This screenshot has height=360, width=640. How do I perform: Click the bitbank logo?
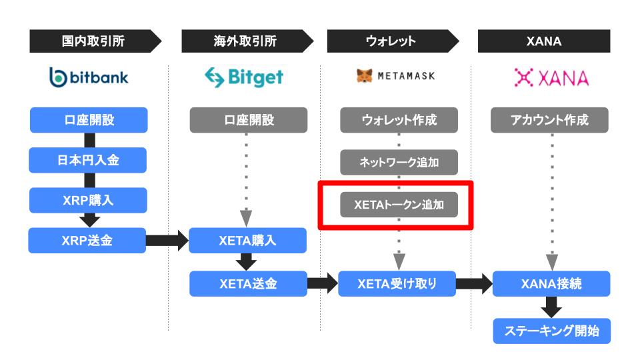(89, 77)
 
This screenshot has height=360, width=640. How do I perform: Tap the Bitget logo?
(244, 77)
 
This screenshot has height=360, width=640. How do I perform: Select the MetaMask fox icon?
(365, 75)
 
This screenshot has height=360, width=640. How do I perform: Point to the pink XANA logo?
(551, 77)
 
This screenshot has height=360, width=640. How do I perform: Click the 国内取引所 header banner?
(95, 41)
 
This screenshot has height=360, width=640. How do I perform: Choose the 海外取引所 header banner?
(247, 41)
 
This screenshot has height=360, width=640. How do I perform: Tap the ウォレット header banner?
(393, 41)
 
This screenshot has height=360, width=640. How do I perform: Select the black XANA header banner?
(544, 41)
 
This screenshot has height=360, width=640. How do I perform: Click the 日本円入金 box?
(88, 160)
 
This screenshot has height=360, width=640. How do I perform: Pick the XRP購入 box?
(88, 200)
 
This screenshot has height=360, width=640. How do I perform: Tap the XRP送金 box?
(87, 241)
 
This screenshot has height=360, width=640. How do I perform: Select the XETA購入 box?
(248, 241)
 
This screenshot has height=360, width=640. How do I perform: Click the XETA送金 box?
(248, 284)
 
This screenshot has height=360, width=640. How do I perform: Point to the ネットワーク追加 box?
(399, 162)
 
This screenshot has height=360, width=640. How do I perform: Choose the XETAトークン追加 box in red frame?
(399, 205)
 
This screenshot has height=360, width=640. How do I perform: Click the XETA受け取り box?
(397, 284)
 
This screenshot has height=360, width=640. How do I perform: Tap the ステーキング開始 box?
(552, 331)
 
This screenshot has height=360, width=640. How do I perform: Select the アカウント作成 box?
(549, 120)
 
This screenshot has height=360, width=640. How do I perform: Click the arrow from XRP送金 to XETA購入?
(167, 241)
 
